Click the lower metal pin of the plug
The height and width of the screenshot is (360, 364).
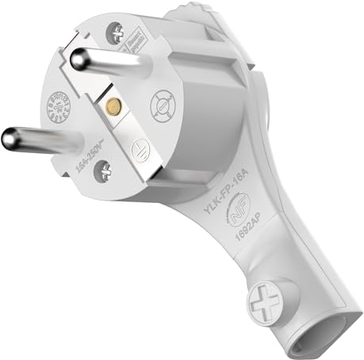40,140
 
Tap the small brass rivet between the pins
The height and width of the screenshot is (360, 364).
113,105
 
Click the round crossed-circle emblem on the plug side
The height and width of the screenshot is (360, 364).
162,103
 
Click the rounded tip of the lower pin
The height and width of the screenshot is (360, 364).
10,140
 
